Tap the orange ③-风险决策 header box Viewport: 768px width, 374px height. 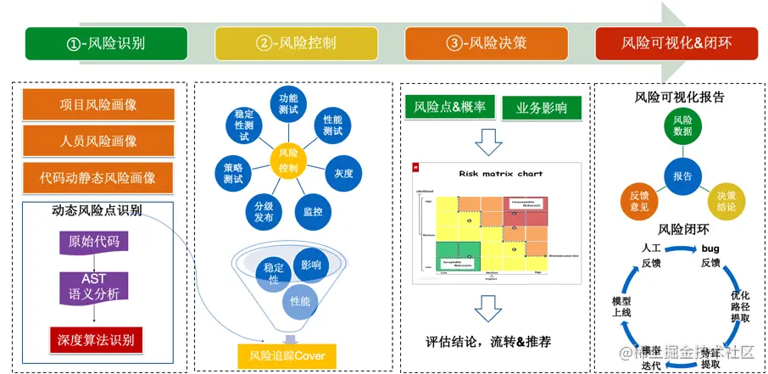tap(487, 43)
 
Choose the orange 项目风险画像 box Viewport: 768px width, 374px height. tap(98, 105)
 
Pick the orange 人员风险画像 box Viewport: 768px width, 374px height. tap(98, 141)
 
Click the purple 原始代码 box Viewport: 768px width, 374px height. tap(94, 242)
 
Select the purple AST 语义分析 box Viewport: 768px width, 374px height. tap(94, 287)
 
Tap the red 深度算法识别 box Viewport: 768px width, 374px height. tap(94, 340)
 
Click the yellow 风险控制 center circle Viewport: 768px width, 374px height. tap(287, 159)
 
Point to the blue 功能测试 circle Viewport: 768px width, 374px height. tap(288, 104)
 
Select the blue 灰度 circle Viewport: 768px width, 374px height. tap(343, 173)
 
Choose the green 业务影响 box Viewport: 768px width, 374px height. tap(542, 108)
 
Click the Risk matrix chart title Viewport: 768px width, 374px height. tap(500, 174)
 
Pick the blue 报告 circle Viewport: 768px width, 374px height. tap(682, 176)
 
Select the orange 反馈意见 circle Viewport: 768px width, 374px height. tap(639, 200)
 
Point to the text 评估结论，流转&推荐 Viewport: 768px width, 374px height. tap(488, 343)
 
